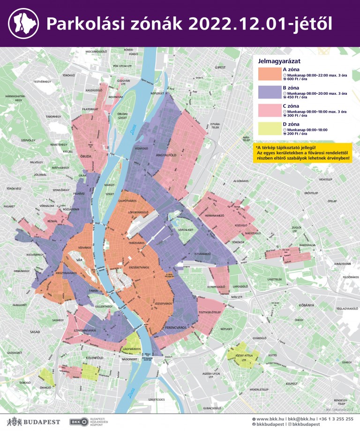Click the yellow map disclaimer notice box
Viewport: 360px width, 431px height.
[302, 153]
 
